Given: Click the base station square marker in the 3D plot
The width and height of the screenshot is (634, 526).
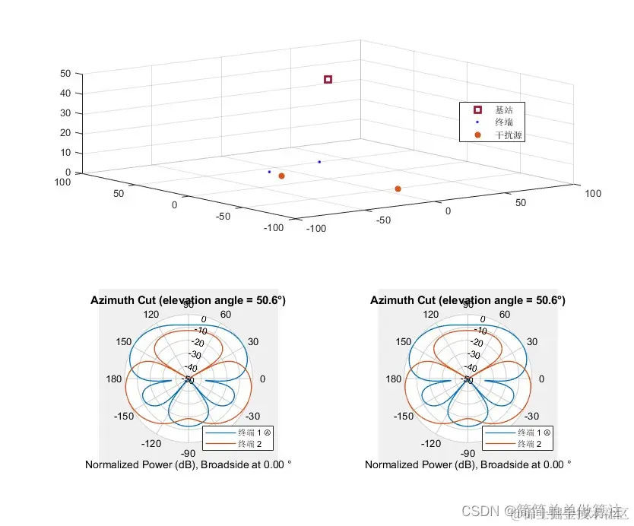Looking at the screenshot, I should point(328,79).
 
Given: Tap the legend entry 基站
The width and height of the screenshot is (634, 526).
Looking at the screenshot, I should point(503,110).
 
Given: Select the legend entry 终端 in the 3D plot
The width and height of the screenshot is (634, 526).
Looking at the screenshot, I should point(503,122).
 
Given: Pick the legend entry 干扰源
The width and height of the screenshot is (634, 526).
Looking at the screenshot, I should point(508,135).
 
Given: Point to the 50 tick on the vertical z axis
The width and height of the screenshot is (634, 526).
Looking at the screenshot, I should point(65,74).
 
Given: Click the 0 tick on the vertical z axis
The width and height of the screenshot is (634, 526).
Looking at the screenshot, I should point(68,173).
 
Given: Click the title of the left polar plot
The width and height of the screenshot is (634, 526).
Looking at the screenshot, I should point(189,300).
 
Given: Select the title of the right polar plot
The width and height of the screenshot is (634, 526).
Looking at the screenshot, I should point(468,300).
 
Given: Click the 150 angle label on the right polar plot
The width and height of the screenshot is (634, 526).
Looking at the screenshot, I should point(403,341).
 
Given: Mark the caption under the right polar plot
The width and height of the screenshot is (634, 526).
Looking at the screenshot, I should point(468,464).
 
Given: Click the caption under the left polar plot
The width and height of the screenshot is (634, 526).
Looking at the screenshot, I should point(189,464).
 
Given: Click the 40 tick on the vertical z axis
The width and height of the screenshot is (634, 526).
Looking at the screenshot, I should point(65,93).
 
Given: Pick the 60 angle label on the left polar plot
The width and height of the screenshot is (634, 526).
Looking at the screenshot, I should point(225,314).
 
